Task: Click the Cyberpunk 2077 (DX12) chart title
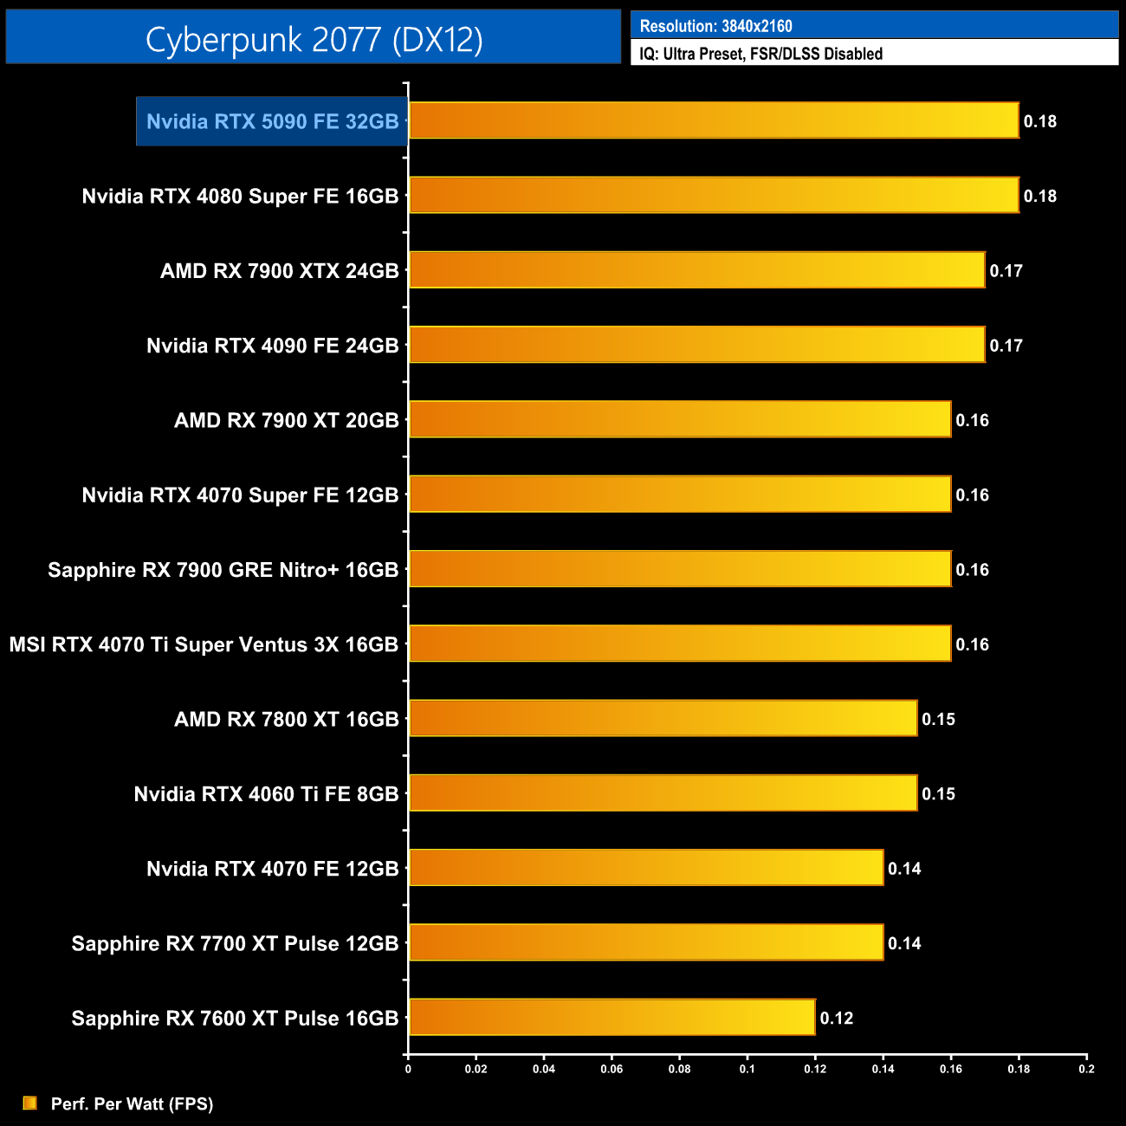(314, 39)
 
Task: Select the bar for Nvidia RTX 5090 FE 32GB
(714, 120)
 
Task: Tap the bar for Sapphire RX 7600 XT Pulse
(612, 1017)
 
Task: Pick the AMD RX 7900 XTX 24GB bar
(696, 270)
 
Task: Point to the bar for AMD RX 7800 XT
(663, 718)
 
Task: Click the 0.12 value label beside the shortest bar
(837, 1018)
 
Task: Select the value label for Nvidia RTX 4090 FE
(1006, 346)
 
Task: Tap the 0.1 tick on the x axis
(747, 1069)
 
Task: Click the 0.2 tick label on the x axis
(1086, 1069)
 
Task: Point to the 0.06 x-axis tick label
(612, 1069)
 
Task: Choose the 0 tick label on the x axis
(408, 1069)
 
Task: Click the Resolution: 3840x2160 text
(715, 26)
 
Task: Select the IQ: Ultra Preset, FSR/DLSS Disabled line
(760, 54)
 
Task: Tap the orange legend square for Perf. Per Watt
(30, 1103)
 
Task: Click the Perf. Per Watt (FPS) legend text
(132, 1103)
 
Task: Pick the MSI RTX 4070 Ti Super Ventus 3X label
(204, 644)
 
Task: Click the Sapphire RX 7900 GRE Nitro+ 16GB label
(223, 570)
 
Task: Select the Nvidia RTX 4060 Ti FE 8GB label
(266, 794)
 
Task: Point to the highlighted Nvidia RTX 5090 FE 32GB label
(272, 121)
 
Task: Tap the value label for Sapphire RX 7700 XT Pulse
(904, 943)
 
